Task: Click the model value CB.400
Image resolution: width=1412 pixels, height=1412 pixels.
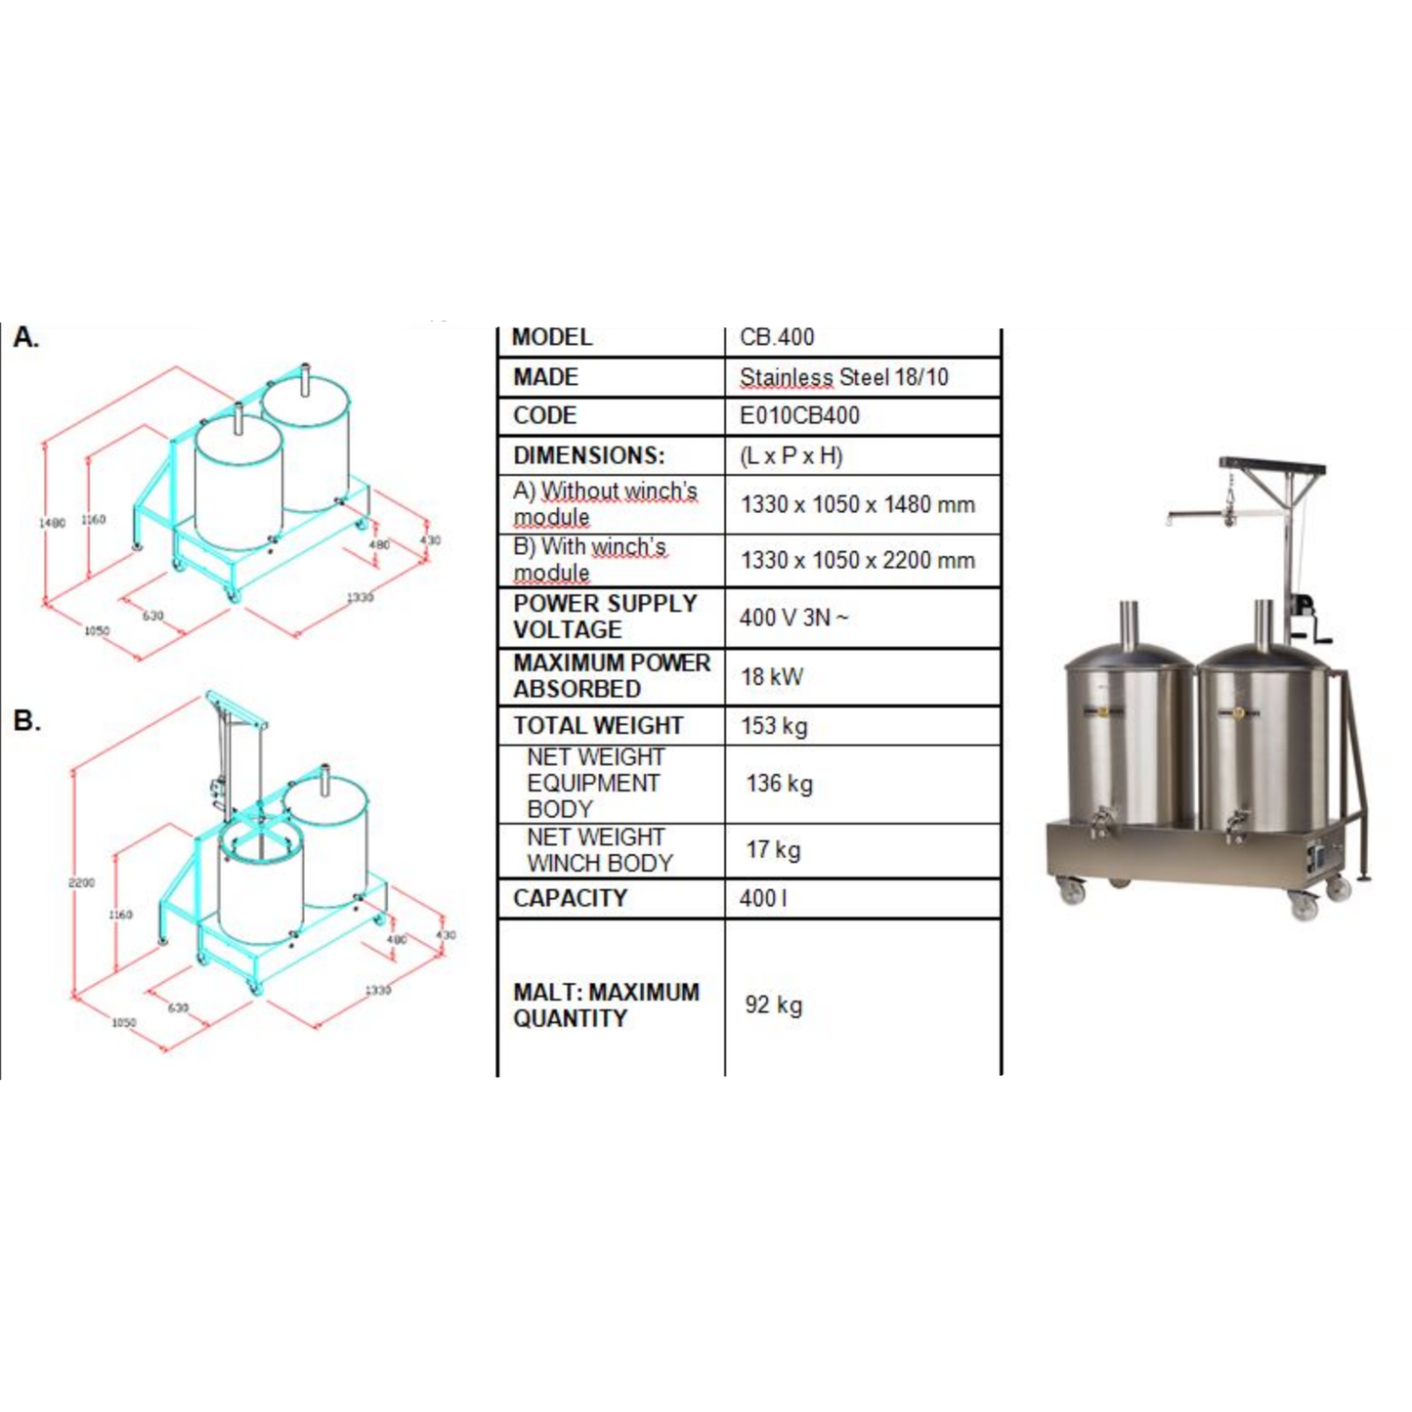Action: pos(777,337)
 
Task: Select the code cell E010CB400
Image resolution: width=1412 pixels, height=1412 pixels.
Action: pos(799,415)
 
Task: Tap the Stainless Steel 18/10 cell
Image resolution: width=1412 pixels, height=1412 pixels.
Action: pos(843,377)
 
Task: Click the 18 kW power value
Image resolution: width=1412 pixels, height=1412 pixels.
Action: pos(772,676)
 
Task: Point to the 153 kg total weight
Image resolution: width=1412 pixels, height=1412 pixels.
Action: pos(774,726)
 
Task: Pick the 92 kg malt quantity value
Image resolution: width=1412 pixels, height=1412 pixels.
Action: pos(773,1005)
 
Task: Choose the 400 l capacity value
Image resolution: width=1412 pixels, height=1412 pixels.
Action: pos(763,898)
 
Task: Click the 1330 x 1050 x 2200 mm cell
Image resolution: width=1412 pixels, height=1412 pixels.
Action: pos(857,560)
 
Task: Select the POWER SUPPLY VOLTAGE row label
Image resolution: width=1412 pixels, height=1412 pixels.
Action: pos(605,617)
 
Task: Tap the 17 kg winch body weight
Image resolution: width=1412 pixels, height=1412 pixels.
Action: pos(773,849)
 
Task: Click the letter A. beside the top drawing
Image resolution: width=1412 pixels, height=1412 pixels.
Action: pos(26,338)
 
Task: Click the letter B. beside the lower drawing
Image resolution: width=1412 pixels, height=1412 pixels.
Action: pos(26,721)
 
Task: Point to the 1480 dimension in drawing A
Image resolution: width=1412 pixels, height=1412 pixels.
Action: pos(52,523)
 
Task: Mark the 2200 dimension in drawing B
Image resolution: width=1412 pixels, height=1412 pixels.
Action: pos(81,882)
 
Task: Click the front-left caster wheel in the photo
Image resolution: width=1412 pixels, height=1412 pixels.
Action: pos(1073,890)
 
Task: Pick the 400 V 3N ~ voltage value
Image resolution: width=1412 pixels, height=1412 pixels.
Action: pos(793,618)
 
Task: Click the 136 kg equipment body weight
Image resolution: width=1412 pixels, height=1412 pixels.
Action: pos(779,784)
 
